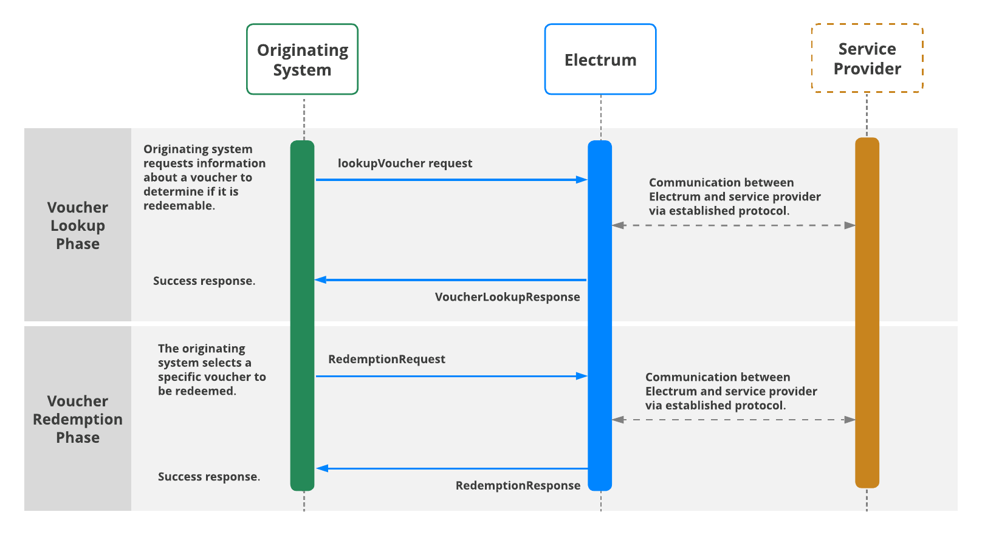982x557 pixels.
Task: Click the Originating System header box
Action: (x=302, y=60)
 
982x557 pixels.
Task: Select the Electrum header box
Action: (x=600, y=60)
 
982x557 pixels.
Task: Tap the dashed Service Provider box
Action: (x=867, y=58)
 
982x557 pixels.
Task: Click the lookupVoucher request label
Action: (x=405, y=163)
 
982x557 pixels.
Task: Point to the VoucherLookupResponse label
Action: (x=507, y=297)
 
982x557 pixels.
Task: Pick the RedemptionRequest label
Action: (x=386, y=359)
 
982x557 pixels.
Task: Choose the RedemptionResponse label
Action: (x=518, y=485)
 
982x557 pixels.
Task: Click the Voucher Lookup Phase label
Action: (x=78, y=225)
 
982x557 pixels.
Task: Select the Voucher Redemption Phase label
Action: (x=78, y=419)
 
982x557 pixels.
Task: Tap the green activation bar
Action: (x=302, y=316)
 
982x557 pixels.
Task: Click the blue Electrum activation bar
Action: (x=600, y=316)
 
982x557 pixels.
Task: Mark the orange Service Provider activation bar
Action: (x=867, y=313)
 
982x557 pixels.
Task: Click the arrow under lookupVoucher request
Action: (x=451, y=180)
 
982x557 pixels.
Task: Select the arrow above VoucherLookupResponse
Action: (x=451, y=280)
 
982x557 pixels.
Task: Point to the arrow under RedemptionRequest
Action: (x=451, y=376)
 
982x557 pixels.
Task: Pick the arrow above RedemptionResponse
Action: (x=452, y=468)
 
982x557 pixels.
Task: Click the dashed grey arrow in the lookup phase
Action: (x=733, y=225)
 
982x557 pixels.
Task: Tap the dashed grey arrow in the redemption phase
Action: (x=733, y=420)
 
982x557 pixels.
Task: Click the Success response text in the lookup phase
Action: (x=204, y=281)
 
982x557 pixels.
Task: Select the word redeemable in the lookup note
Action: (x=178, y=206)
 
